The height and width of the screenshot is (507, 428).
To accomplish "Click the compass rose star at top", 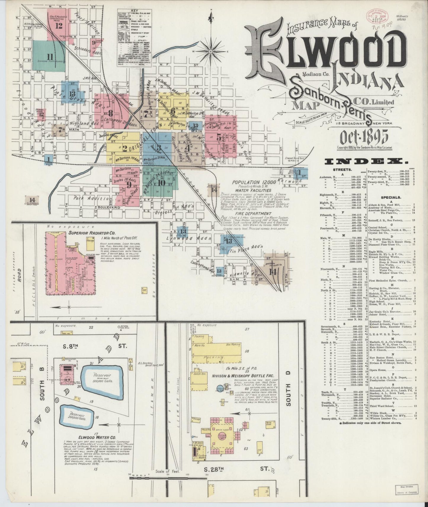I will [211, 51].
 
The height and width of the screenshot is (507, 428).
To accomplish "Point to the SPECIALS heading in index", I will [391, 197].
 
